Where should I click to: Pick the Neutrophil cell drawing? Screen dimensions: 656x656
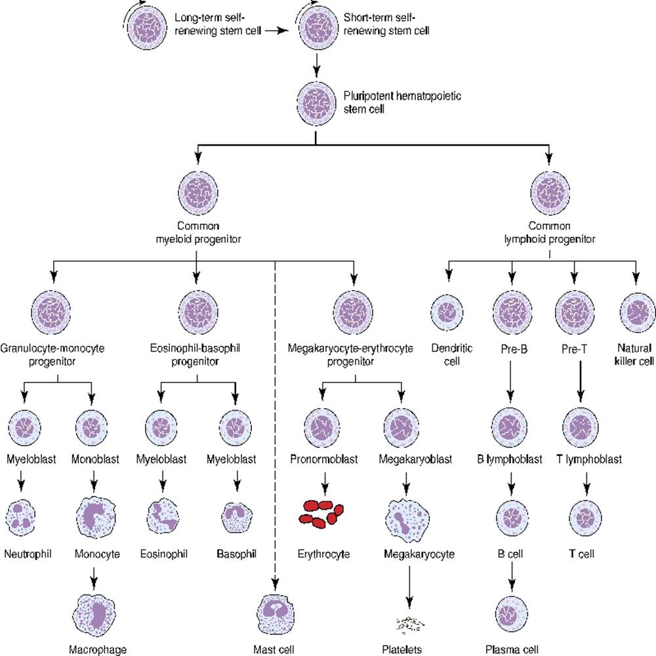(24, 516)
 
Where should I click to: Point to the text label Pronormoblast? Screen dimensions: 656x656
(323, 459)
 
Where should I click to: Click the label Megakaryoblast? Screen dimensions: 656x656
(415, 459)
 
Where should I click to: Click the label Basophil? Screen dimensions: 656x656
(234, 554)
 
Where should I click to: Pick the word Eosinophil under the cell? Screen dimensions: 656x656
(164, 554)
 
